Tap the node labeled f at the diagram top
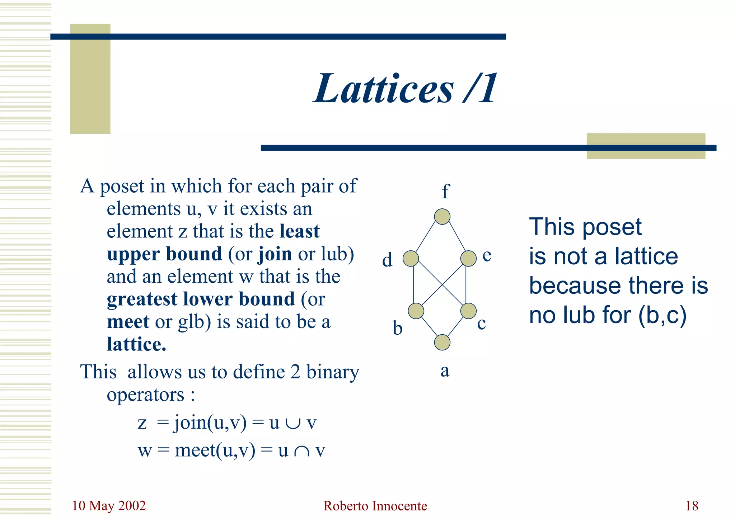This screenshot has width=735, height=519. pos(442,217)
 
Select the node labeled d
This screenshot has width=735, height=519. pos(411,258)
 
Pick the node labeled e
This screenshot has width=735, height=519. pos(468,258)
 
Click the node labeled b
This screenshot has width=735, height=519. pos(416,311)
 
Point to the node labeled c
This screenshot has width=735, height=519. pos(468,311)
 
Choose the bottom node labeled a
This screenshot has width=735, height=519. pos(442,343)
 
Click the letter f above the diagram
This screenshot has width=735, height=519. pos(445,192)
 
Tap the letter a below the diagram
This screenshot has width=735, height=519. pos(445,371)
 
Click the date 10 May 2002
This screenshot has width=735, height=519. pos(109,506)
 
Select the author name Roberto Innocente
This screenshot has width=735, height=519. pos(375,506)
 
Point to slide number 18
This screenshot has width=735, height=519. pos(692,506)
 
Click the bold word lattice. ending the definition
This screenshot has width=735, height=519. pos(136,344)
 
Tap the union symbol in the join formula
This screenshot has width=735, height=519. pos(293,423)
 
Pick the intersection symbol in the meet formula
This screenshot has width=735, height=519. pos(301,451)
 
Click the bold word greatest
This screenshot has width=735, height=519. pos(142,299)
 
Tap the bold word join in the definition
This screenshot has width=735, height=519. pos(275,254)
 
